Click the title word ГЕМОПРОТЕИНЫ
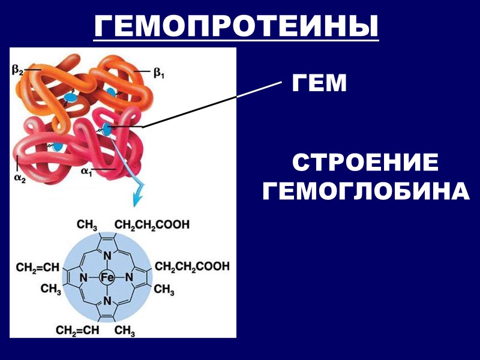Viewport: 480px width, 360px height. point(236,25)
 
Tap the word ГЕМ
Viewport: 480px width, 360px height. point(319,83)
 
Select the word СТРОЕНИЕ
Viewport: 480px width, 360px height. point(365,163)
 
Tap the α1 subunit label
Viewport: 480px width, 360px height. point(88,170)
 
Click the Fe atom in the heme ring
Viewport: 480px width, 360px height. point(107,278)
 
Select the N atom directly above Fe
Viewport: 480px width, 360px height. point(107,257)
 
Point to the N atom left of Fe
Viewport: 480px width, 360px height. point(85,278)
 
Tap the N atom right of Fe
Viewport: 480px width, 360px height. point(129,278)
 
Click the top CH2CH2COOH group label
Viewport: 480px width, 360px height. point(152,225)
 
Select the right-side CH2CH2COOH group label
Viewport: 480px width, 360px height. point(192,266)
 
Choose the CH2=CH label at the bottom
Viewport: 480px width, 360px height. point(79,330)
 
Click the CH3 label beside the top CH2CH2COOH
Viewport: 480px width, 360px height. point(87,225)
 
